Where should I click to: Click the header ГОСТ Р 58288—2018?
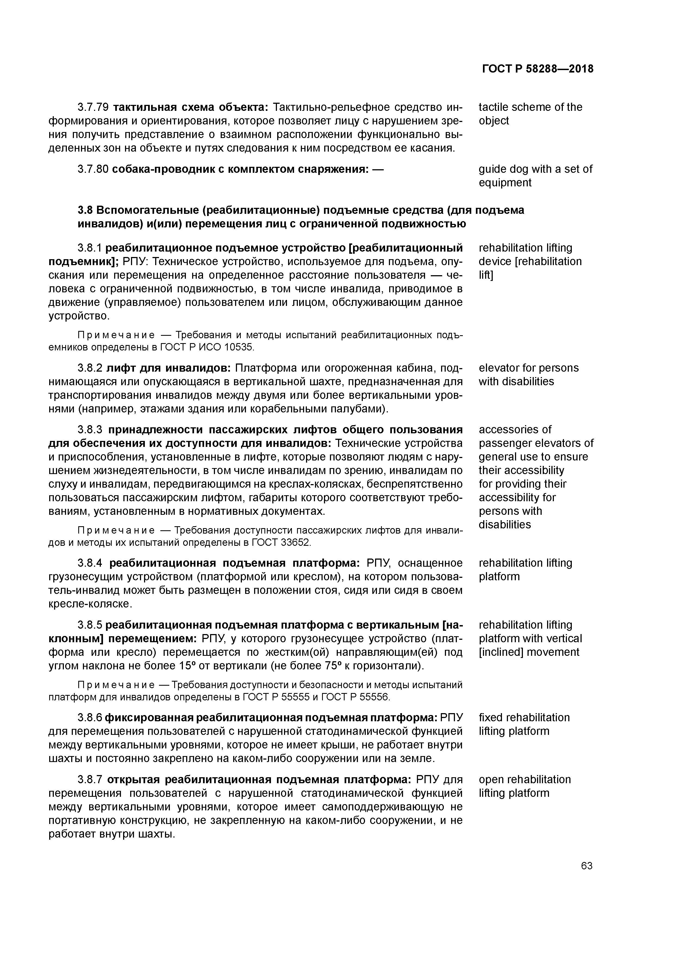538,69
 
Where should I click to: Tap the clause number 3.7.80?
93,169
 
